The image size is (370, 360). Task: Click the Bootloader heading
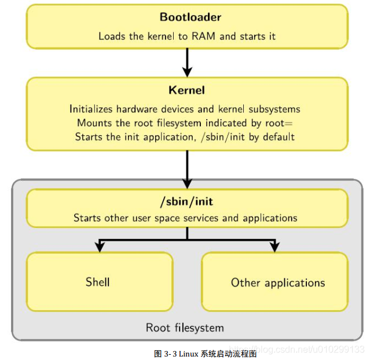191,17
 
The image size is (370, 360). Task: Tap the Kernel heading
186,90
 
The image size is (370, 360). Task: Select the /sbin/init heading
186,203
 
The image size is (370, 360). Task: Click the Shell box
99,282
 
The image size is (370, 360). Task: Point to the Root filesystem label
185,328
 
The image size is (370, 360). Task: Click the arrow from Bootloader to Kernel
186,63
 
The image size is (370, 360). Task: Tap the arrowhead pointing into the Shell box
99,247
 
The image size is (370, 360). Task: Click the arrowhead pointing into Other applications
274,247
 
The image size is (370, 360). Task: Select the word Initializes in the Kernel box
90,109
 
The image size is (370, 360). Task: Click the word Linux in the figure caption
188,353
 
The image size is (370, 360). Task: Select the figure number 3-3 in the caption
170,353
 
